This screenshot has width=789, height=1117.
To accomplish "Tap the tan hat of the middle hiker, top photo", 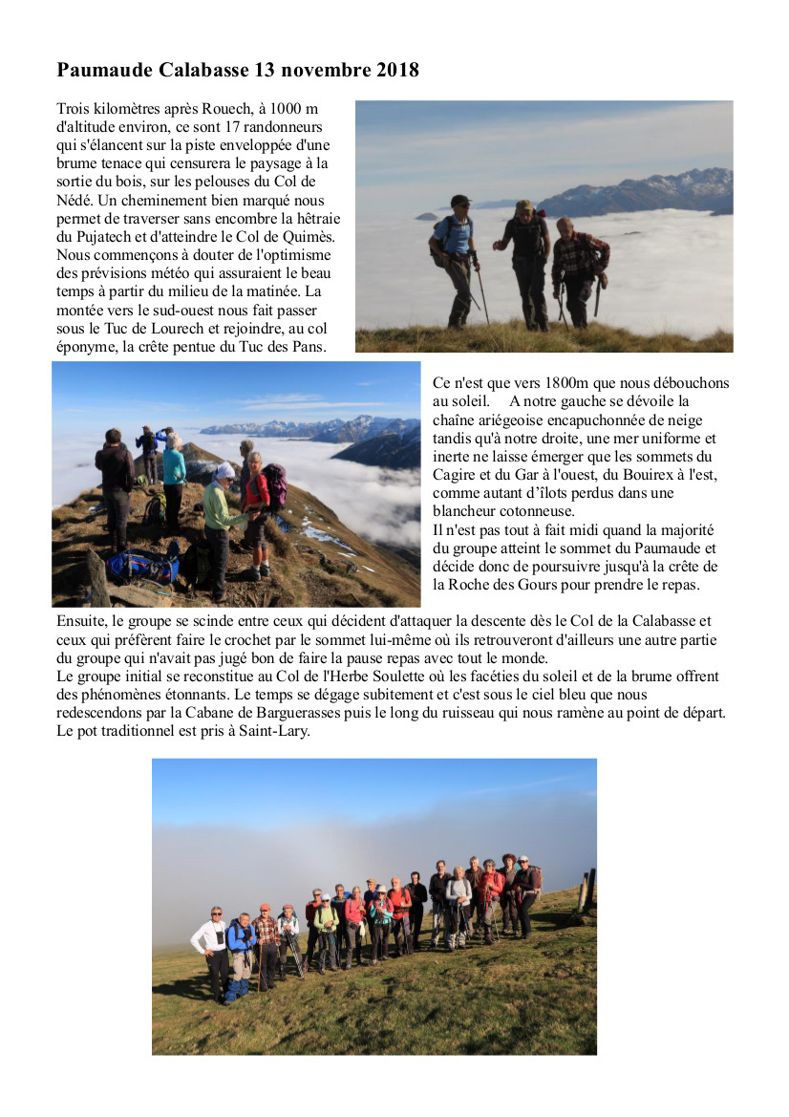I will [x=523, y=205].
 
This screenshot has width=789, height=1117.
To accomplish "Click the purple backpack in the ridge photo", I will [x=276, y=485].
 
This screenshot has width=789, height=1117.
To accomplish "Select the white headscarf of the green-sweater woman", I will [x=225, y=471].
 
